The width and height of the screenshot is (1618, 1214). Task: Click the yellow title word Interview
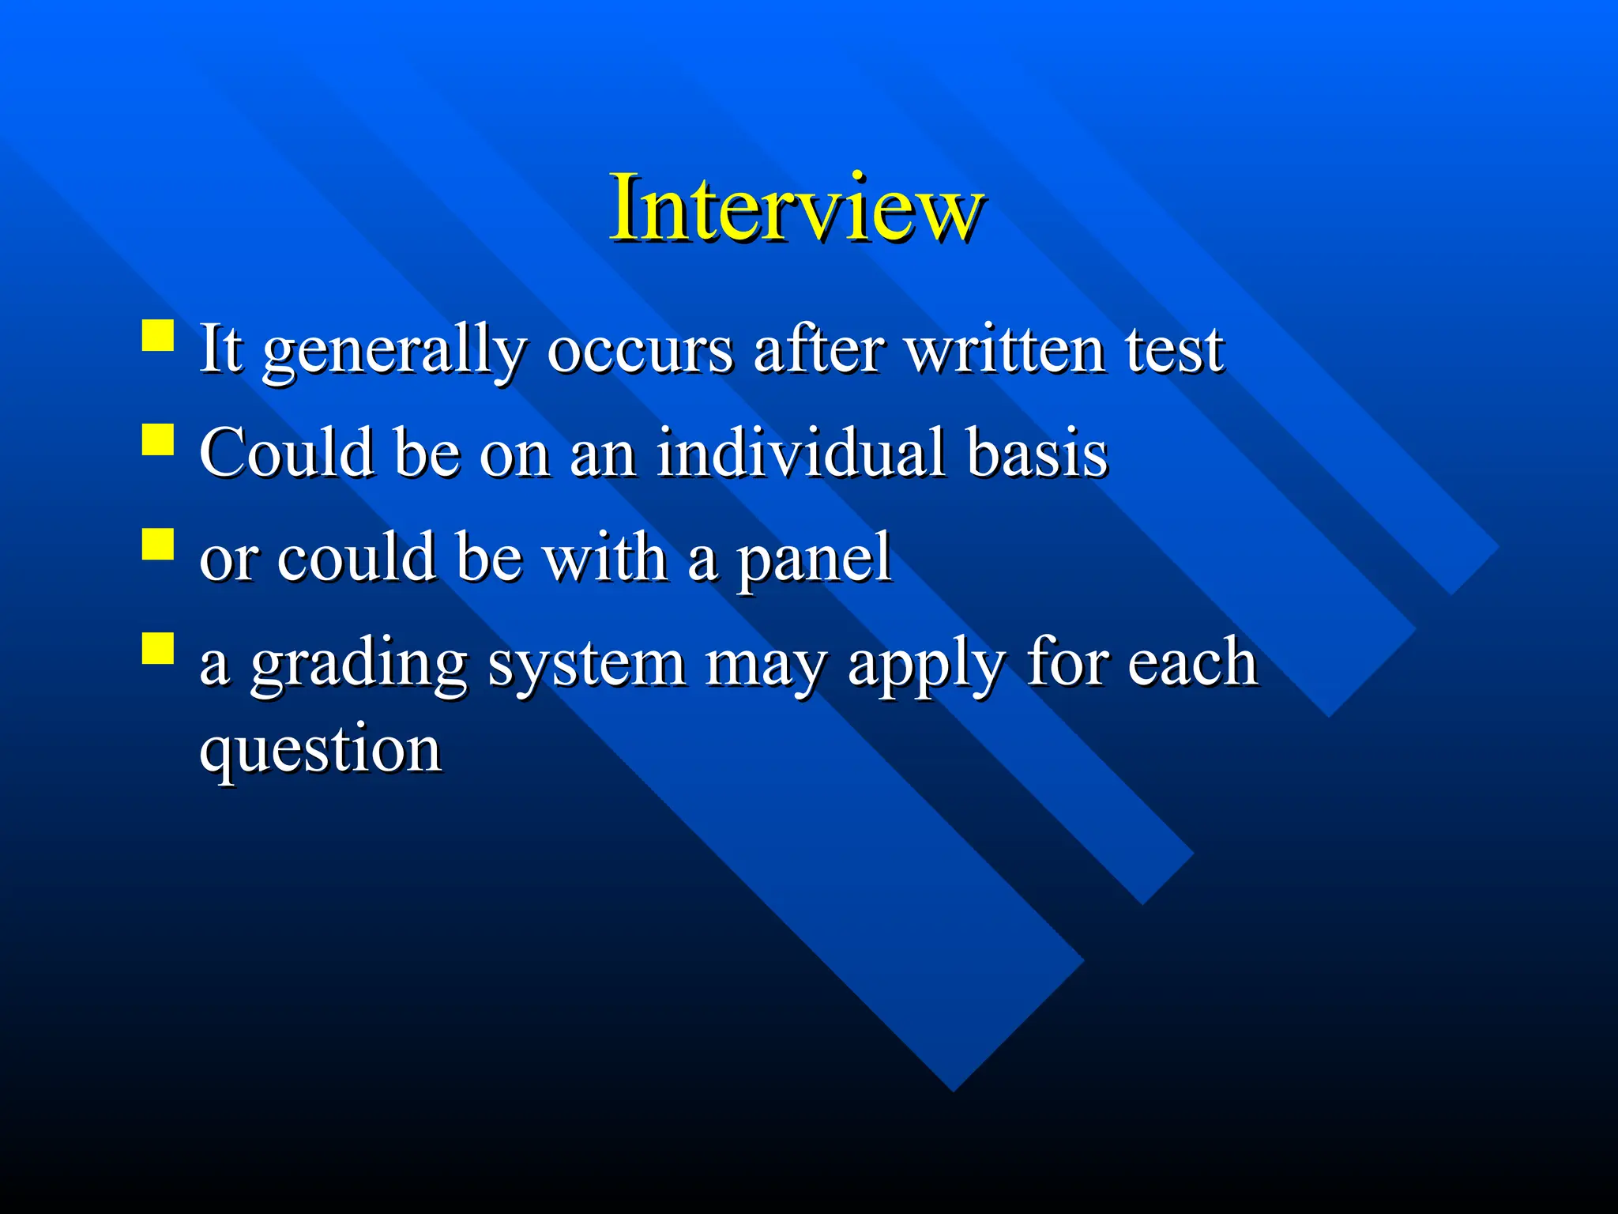pos(796,207)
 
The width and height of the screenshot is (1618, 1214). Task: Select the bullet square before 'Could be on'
pos(158,439)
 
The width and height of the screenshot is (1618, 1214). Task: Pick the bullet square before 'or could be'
pos(158,544)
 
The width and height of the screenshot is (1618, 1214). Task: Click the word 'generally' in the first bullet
pos(394,352)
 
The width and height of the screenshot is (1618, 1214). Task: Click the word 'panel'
pos(814,560)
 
